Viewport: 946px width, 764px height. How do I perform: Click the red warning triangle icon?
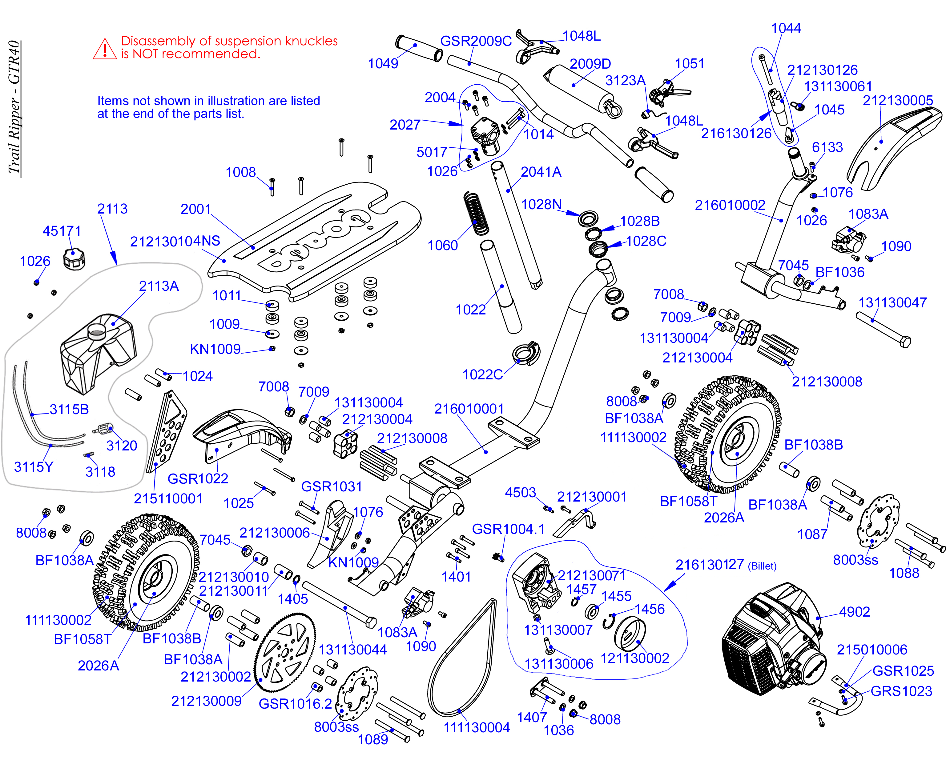pos(105,49)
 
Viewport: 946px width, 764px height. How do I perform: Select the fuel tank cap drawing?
pos(74,259)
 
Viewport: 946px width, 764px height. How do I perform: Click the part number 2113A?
pos(159,286)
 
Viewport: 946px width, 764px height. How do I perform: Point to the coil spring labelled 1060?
pos(476,214)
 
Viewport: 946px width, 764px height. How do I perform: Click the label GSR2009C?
pos(476,41)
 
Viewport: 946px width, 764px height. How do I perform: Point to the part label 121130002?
pos(635,658)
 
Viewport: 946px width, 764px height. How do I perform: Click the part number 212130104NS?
pos(175,241)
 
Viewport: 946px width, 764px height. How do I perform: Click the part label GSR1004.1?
pos(508,529)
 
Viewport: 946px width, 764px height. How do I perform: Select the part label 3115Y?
pos(34,467)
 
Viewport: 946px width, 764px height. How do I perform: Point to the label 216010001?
pos(469,409)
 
